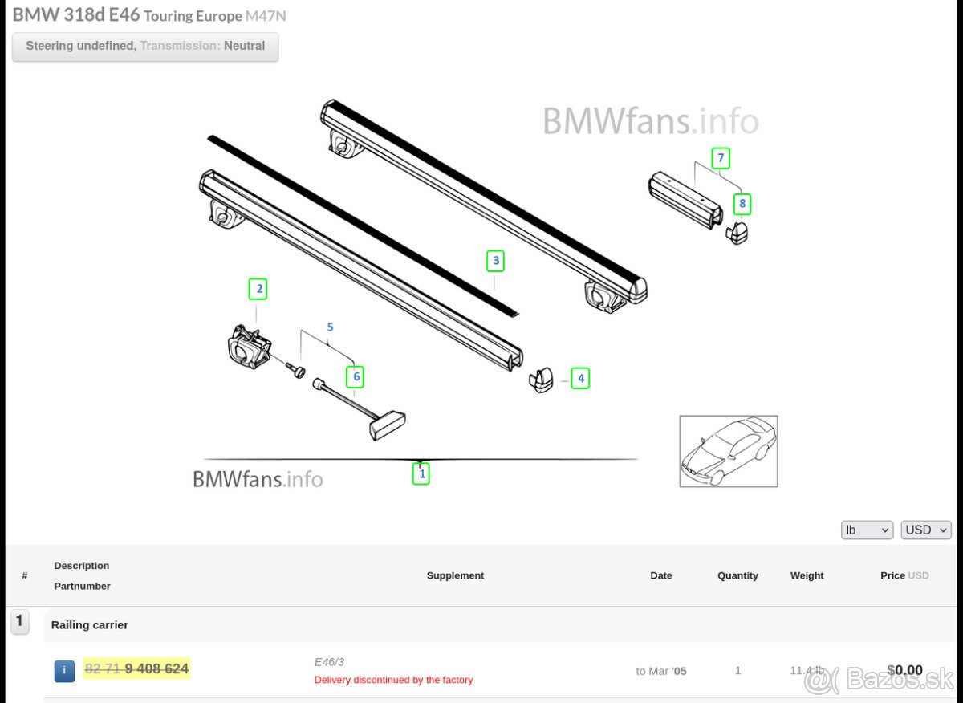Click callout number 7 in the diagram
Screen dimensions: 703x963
(x=721, y=158)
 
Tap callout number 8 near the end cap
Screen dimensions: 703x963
(x=742, y=204)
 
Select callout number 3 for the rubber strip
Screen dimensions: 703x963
(x=496, y=261)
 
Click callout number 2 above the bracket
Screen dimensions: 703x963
(x=258, y=289)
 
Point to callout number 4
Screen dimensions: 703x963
(x=580, y=378)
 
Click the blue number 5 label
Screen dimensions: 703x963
(x=330, y=327)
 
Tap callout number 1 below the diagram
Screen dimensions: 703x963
(x=421, y=473)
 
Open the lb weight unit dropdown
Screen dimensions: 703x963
(x=867, y=530)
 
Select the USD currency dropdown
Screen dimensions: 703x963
(x=925, y=530)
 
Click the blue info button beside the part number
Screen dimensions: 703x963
(x=64, y=671)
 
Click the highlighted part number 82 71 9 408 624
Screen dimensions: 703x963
(x=137, y=668)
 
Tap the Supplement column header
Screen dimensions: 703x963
(x=455, y=575)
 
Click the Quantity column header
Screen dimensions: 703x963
(x=737, y=575)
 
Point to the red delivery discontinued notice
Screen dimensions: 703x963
(x=393, y=680)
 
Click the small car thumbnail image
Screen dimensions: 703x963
(x=728, y=450)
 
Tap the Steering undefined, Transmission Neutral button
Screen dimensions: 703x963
(x=145, y=47)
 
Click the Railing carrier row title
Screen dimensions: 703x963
(x=90, y=624)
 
